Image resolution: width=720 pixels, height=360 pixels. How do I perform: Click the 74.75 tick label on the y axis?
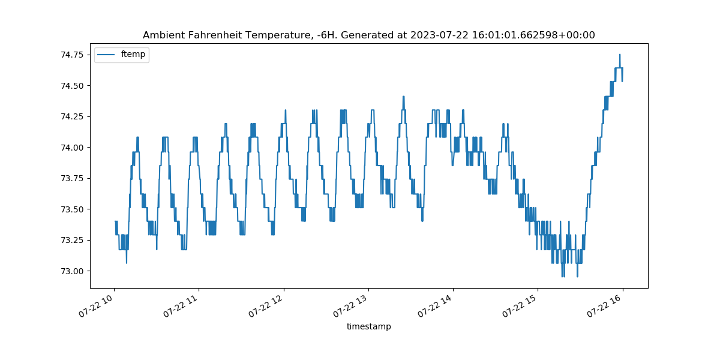pos(73,55)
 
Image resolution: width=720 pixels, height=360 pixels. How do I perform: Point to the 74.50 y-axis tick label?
pos(73,86)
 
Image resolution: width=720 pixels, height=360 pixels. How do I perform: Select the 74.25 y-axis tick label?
pos(73,116)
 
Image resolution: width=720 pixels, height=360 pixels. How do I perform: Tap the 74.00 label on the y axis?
pos(73,148)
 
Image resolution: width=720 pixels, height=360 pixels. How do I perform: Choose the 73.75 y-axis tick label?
pos(73,178)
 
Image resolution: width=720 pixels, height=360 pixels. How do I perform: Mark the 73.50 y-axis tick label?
pos(73,209)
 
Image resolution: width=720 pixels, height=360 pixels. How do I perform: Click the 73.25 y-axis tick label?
pos(73,240)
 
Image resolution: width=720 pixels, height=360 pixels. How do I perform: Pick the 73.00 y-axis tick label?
pos(73,271)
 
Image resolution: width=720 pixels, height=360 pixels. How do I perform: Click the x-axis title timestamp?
pos(368,326)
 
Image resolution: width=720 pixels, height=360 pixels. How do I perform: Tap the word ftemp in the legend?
pos(133,55)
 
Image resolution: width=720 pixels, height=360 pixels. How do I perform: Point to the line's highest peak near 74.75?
pos(620,55)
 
